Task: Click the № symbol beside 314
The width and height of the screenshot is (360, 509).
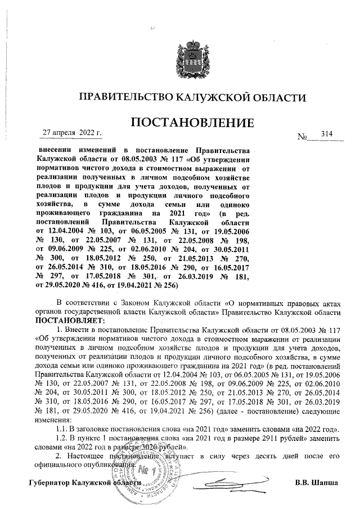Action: [303, 137]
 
